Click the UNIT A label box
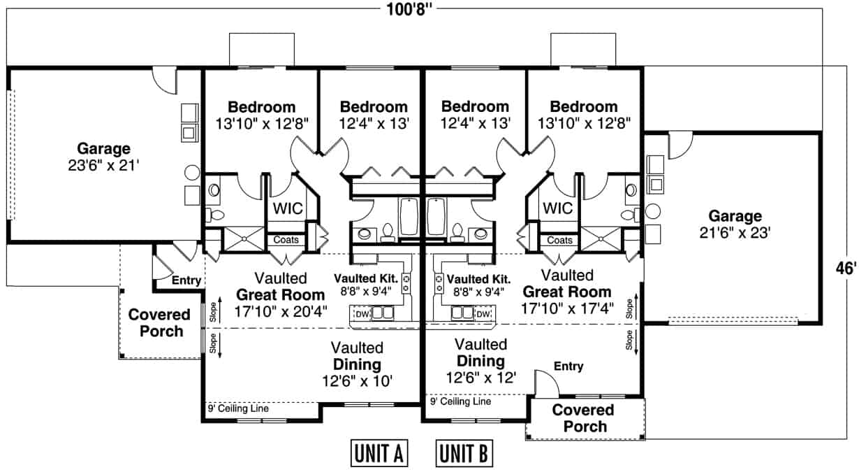(379, 453)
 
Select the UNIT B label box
(464, 453)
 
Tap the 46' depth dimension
(846, 269)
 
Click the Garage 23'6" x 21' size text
(103, 166)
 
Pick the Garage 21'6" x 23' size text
(735, 233)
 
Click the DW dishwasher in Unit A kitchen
(362, 314)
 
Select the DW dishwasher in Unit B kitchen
(483, 314)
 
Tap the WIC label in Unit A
(288, 209)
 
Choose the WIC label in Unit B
(557, 208)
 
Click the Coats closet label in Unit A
(286, 240)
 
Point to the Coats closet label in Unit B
(559, 241)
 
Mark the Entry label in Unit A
(186, 280)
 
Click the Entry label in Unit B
(568, 366)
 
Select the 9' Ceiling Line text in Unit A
(238, 408)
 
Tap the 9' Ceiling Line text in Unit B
(460, 401)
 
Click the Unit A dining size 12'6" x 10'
(357, 381)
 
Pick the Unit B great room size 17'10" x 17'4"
(567, 308)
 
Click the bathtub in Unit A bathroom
(409, 217)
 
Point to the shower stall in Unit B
(601, 238)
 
